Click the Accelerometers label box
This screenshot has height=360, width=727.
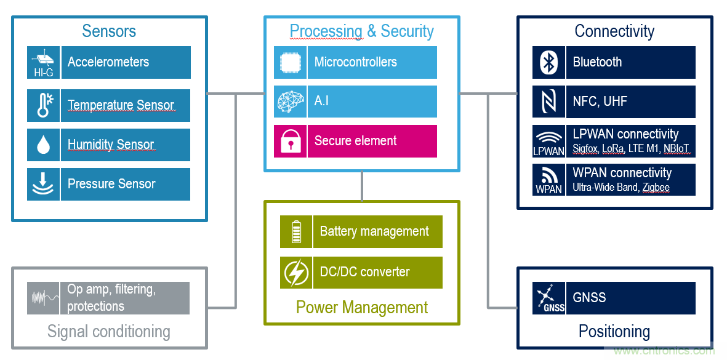pyautogui.click(x=126, y=62)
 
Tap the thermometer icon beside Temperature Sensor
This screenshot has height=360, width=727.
pyautogui.click(x=44, y=105)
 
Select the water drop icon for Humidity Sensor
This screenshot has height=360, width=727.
pyautogui.click(x=44, y=145)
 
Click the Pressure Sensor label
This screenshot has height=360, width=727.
pyautogui.click(x=126, y=184)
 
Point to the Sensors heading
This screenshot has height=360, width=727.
pyautogui.click(x=109, y=31)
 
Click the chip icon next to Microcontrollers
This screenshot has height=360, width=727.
pyautogui.click(x=290, y=62)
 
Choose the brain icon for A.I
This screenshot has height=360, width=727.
pyautogui.click(x=290, y=102)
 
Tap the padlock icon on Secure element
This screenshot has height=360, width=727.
pyautogui.click(x=290, y=141)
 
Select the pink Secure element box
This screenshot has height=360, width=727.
pyautogui.click(x=372, y=141)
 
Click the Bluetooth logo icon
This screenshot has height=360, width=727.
pyautogui.click(x=548, y=62)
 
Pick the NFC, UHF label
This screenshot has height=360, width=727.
pyautogui.click(x=630, y=102)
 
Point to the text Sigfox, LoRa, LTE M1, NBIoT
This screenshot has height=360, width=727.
pyautogui.click(x=631, y=148)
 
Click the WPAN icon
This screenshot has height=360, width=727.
pyautogui.click(x=548, y=180)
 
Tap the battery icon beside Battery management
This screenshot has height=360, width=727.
pyautogui.click(x=296, y=232)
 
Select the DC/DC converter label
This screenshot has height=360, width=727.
pyautogui.click(x=377, y=272)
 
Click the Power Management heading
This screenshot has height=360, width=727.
pyautogui.click(x=362, y=307)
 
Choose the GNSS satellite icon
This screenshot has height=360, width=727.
pyautogui.click(x=548, y=298)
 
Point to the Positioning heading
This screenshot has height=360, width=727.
pyautogui.click(x=614, y=332)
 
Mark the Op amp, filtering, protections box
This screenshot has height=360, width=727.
pyautogui.click(x=126, y=298)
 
